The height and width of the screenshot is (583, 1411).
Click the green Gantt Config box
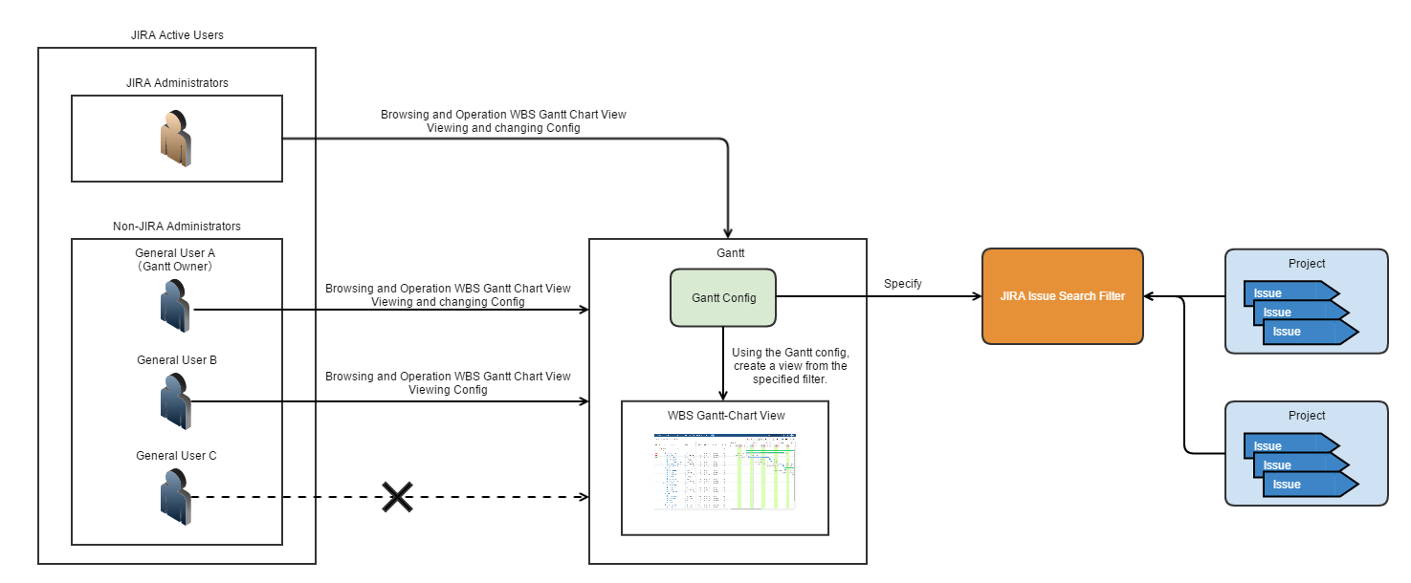722,297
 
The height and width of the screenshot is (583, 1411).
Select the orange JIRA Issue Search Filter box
1063,296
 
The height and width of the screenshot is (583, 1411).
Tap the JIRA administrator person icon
176,139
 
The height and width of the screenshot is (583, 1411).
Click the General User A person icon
176,306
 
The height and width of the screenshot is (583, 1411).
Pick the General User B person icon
176,400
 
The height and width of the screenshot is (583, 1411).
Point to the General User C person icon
176,496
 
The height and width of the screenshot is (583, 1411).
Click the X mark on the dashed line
397,496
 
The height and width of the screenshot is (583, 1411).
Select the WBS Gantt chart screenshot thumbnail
725,471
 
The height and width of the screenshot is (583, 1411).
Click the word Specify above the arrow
902,284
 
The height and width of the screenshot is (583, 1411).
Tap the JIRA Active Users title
177,35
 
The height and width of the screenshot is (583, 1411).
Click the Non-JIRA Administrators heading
177,227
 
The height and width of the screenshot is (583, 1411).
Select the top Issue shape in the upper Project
1282,292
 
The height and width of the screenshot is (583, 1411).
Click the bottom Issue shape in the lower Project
1301,485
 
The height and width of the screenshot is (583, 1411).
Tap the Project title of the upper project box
1307,264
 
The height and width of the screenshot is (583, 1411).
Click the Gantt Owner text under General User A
176,267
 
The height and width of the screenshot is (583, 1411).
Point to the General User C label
176,456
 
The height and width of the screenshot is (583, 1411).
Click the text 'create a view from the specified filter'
789,373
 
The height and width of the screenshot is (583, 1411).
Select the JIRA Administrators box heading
177,83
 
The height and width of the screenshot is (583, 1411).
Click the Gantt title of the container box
727,252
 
